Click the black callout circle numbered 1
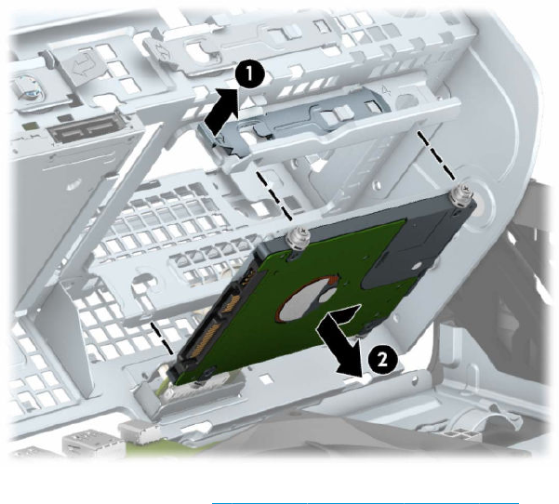click(x=250, y=75)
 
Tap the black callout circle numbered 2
click(x=382, y=360)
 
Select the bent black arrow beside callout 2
click(x=339, y=339)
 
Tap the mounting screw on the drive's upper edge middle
click(x=299, y=240)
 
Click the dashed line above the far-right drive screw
click(x=437, y=155)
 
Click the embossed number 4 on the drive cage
click(x=387, y=91)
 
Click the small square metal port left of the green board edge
click(x=139, y=432)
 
